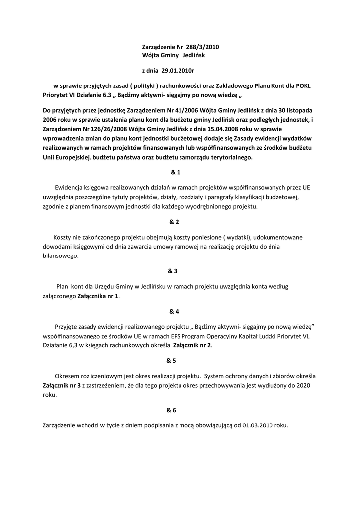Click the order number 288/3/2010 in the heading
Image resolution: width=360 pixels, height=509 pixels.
pos(202,47)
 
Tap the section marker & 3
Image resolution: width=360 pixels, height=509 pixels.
pos(173,271)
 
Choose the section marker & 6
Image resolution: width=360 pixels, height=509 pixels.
pos(172,410)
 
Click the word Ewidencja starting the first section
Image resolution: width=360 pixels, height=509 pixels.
pos(71,187)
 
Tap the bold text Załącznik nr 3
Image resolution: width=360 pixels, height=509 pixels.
pos(62,385)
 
